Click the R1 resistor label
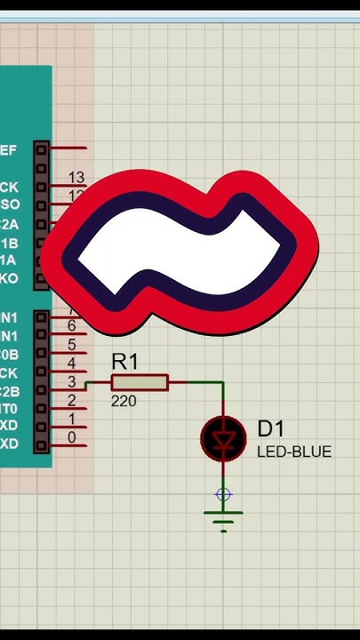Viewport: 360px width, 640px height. (125, 362)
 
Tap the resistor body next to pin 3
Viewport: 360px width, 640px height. (140, 383)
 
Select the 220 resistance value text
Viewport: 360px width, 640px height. (124, 402)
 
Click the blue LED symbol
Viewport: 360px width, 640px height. (223, 438)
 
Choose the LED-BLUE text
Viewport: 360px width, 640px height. (294, 452)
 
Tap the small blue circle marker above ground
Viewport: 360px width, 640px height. (223, 495)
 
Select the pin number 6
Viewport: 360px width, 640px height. (72, 326)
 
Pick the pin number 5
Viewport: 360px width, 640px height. (72, 345)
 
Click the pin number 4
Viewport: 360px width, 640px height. (72, 364)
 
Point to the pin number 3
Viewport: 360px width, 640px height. (72, 382)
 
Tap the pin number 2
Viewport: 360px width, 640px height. (72, 401)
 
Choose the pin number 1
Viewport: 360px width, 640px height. (72, 420)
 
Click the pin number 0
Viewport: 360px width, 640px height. (72, 438)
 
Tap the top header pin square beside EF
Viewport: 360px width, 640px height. (41, 148)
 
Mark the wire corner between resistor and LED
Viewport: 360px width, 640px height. (223, 383)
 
